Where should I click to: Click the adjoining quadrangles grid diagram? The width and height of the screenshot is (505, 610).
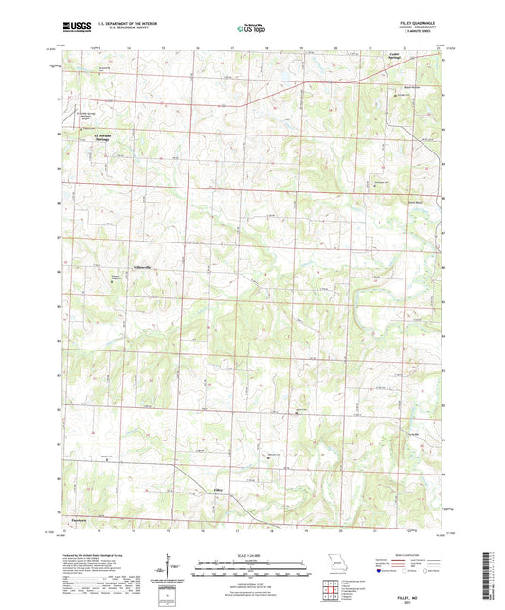[332, 591]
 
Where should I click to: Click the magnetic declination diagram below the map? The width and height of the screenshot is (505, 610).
[168, 570]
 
